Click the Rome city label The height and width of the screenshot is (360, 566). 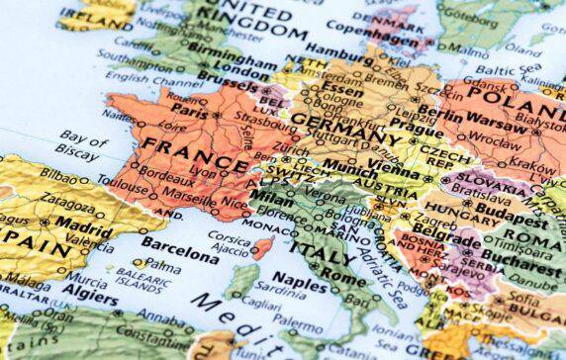344,277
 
